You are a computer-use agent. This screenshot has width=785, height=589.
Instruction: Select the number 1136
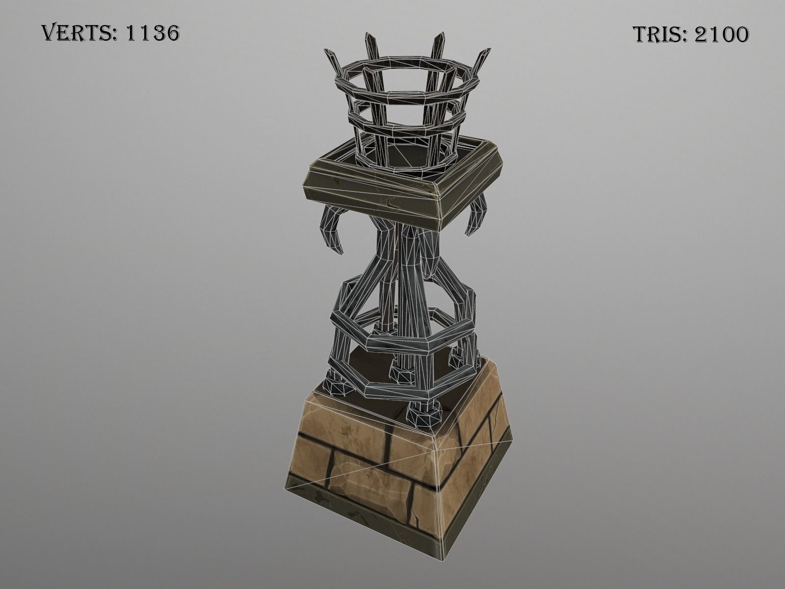tap(153, 33)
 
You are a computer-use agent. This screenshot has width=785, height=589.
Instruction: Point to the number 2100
tap(721, 34)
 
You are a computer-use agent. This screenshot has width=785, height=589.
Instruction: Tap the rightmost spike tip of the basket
tap(487, 51)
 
